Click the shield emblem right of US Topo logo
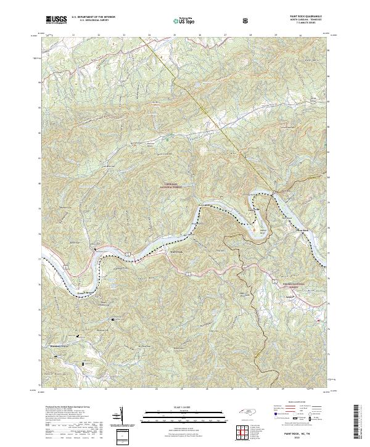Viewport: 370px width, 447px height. pyautogui.click(x=247, y=20)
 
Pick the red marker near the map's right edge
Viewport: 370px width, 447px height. pyautogui.click(x=318, y=321)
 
